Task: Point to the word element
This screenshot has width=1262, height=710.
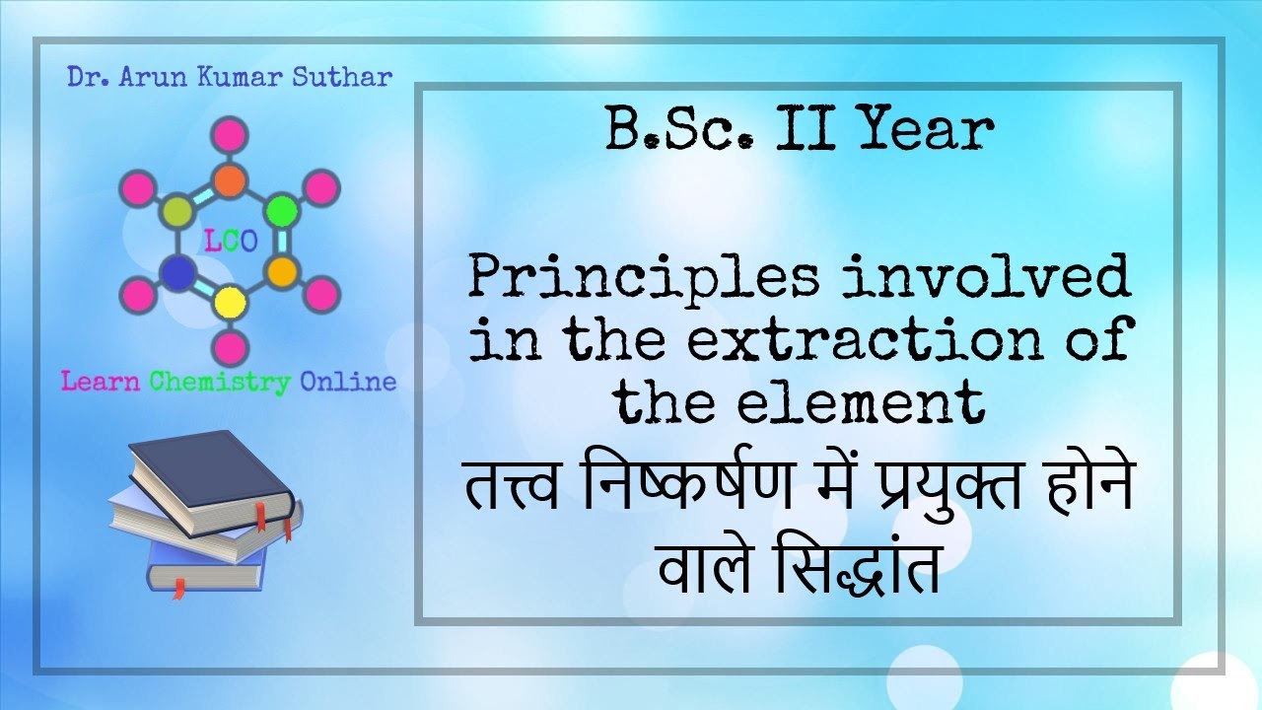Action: pyautogui.click(x=849, y=402)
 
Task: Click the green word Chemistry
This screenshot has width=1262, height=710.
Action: pyautogui.click(x=220, y=381)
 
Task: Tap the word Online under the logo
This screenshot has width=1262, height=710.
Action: pyautogui.click(x=348, y=381)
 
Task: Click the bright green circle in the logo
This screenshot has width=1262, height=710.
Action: pyautogui.click(x=282, y=210)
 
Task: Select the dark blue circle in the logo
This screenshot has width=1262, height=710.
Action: pyautogui.click(x=176, y=271)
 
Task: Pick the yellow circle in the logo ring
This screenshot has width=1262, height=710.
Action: pyautogui.click(x=230, y=301)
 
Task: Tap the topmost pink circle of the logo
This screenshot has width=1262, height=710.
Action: pyautogui.click(x=230, y=134)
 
